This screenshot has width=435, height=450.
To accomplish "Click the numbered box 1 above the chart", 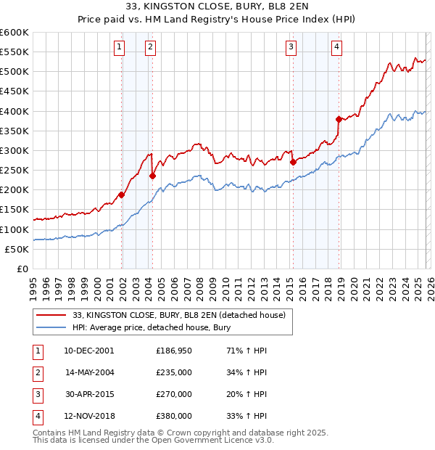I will click(x=119, y=48).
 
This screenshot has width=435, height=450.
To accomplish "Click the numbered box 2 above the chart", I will click(x=150, y=48).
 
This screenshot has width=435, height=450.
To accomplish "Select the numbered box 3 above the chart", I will click(x=291, y=48).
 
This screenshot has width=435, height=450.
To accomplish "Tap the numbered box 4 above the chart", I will click(x=337, y=48).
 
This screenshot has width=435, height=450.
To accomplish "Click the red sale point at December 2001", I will click(x=122, y=195).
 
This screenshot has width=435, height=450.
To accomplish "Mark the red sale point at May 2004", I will click(x=153, y=176).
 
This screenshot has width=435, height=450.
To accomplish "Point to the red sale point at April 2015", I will click(x=293, y=163).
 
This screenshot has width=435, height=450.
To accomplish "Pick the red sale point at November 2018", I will click(x=339, y=119).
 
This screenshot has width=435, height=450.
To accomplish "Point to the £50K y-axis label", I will click(x=16, y=249).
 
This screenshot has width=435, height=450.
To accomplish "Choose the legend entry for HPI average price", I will click(x=151, y=327).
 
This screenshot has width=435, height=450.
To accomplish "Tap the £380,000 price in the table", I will click(x=173, y=416).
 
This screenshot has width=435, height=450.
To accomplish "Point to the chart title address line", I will click(x=217, y=9).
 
